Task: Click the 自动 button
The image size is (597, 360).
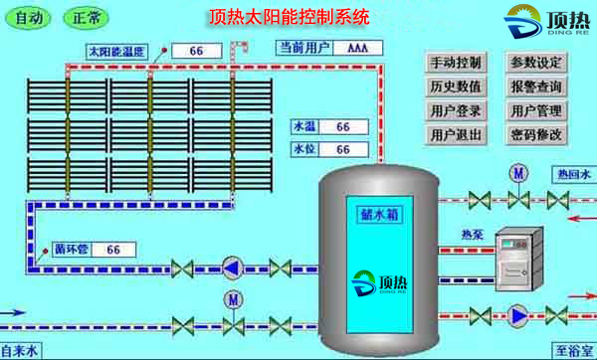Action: [x=30, y=18]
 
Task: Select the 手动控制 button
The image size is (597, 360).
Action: [x=456, y=63]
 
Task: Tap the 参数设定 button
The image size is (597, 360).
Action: [x=536, y=63]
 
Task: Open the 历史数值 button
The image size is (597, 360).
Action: [x=456, y=87]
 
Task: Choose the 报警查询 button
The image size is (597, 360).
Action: [x=536, y=87]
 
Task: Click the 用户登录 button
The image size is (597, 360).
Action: [x=456, y=110]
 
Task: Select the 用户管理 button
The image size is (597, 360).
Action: [x=536, y=110]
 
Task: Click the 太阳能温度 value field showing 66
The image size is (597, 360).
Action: [x=195, y=51]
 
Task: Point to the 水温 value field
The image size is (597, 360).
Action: [x=341, y=127]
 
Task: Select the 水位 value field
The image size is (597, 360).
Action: [x=341, y=149]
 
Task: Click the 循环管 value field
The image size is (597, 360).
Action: [x=112, y=249]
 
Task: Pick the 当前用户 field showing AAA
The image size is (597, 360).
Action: [x=357, y=48]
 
